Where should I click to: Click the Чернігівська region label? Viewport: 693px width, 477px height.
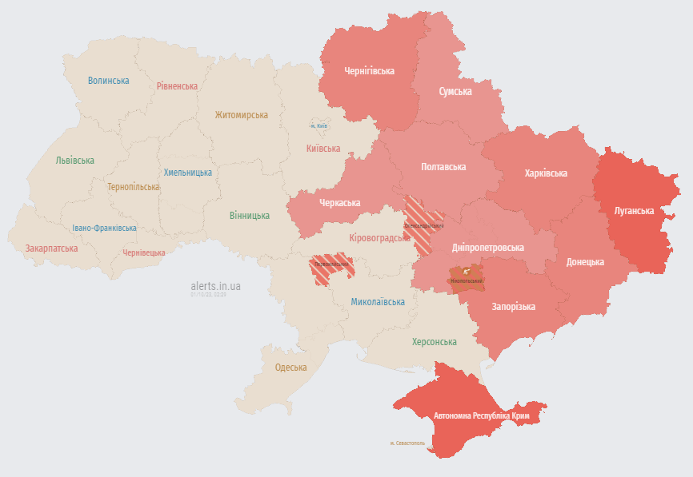[369, 71]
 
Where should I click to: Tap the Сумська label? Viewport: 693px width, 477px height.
[455, 92]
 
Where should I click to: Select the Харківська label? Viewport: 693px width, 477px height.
[546, 173]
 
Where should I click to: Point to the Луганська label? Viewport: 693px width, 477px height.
[634, 212]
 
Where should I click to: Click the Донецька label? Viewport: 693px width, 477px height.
[585, 262]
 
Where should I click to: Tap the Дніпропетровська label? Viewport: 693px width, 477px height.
[487, 248]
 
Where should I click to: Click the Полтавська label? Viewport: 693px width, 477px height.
[443, 167]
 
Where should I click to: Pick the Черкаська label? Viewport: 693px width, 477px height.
[339, 204]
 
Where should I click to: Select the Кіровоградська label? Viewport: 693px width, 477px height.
[379, 238]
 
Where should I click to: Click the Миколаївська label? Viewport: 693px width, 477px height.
[378, 302]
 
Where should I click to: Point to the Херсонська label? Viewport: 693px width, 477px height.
[434, 342]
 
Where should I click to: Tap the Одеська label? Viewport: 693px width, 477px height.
[290, 368]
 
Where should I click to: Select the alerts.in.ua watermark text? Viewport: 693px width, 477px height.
[215, 285]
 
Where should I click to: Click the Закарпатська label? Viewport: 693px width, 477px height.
[51, 248]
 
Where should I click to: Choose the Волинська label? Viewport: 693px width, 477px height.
[108, 81]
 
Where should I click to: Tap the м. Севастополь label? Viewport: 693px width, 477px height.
[408, 443]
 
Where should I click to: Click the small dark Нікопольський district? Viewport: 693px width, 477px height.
[466, 280]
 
